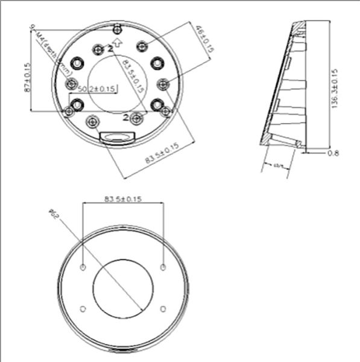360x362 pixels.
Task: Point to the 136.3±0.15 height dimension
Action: point(334,87)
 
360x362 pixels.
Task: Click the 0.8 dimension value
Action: point(333,153)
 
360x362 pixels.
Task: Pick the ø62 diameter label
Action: point(54,215)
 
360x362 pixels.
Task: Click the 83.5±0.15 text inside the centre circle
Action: point(133,75)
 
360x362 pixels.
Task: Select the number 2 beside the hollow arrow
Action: point(110,49)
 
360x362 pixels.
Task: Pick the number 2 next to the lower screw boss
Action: point(125,116)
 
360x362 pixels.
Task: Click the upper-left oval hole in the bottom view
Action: point(83,265)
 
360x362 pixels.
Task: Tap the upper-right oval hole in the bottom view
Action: point(163,265)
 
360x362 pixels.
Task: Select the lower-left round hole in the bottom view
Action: point(83,308)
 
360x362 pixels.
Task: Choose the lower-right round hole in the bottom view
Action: point(163,308)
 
